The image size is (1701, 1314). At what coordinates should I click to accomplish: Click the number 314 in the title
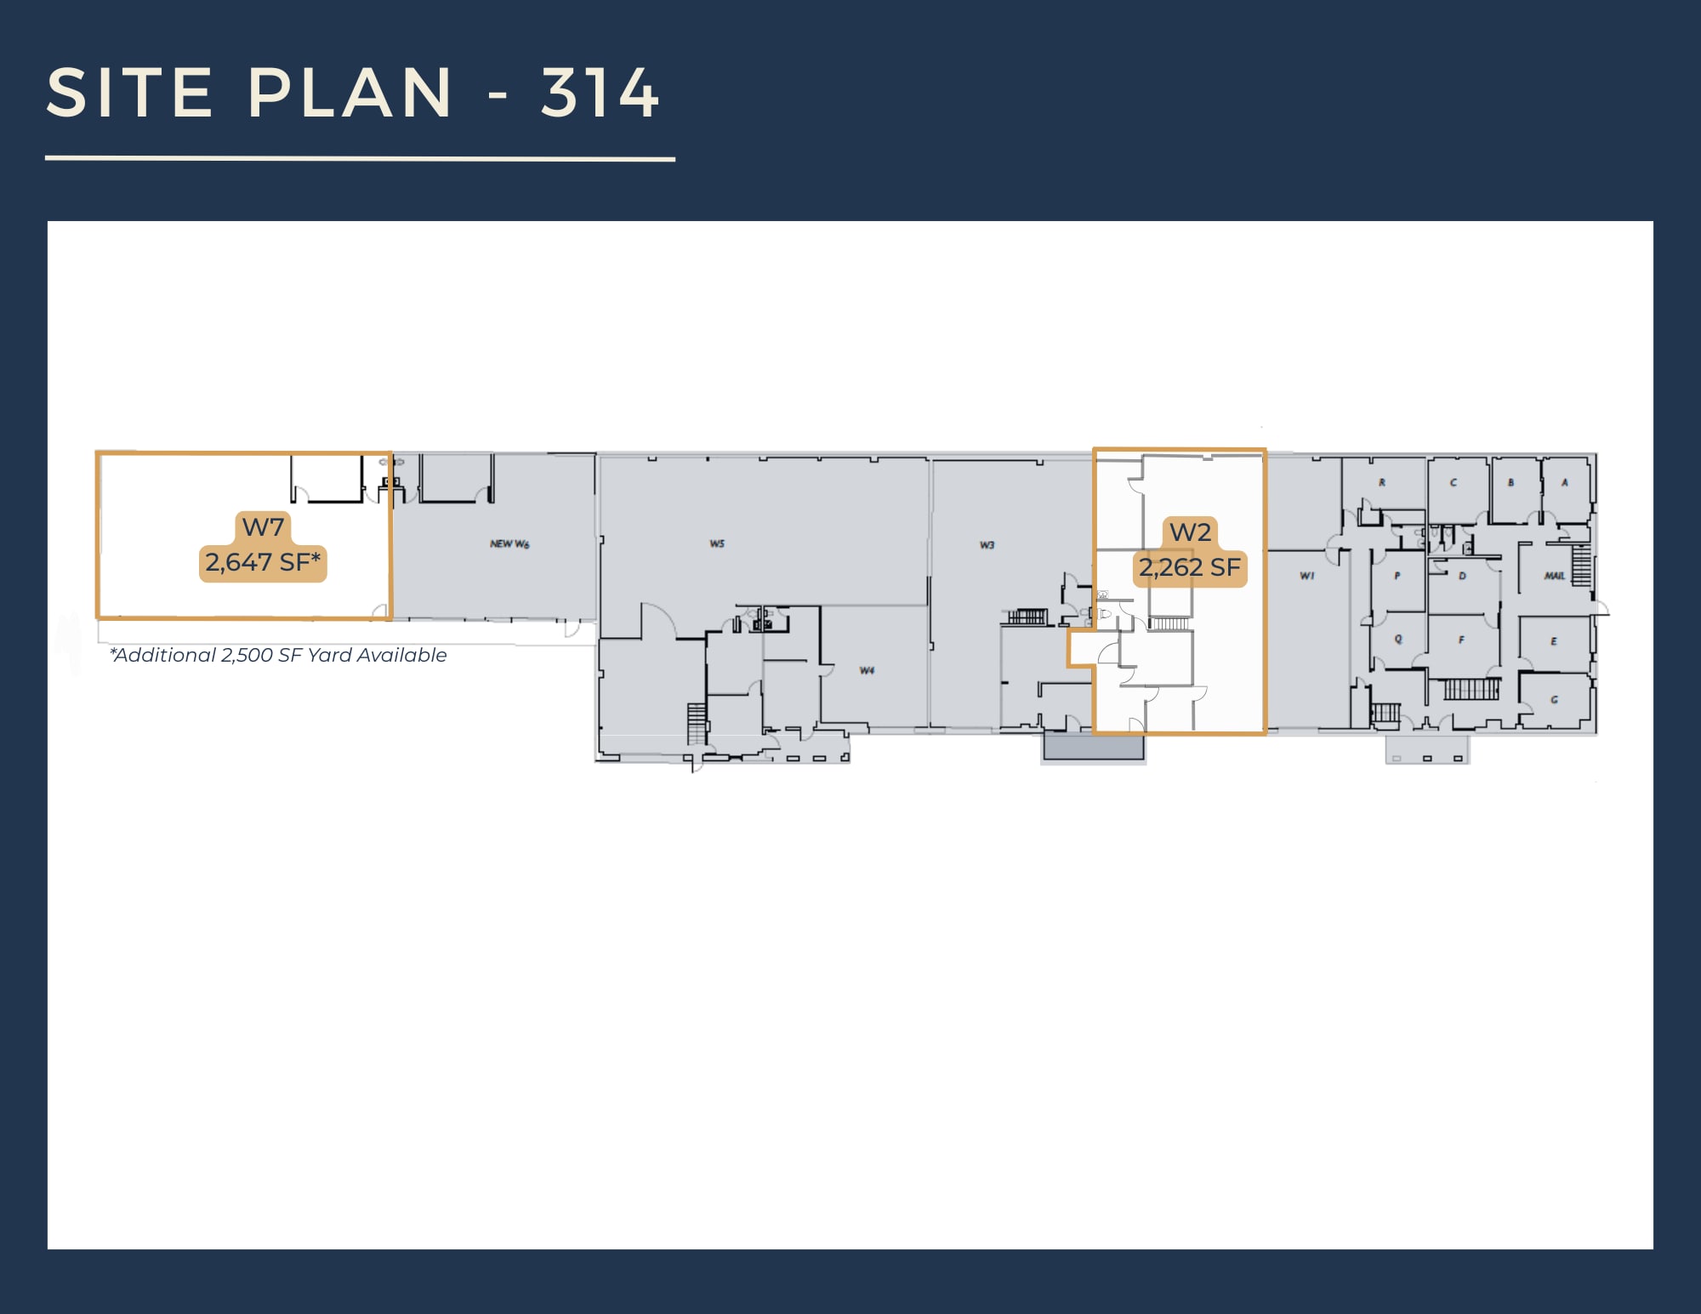pos(600,93)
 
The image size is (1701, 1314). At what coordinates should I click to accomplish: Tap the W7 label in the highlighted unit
pos(263,527)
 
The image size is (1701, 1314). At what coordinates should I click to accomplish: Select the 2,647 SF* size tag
pos(263,563)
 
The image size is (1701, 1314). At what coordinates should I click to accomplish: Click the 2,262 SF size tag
pos(1190,568)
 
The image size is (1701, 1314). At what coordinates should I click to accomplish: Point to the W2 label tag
pos(1190,532)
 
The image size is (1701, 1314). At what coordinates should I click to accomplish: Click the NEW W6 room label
pos(509,544)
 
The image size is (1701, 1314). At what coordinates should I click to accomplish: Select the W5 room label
pos(717,543)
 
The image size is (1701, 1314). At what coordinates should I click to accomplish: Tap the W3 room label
pos(987,545)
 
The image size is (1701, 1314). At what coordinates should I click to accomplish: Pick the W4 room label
pos(867,671)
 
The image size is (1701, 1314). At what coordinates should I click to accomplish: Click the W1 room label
pos(1307,577)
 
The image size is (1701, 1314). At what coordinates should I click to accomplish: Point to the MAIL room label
pos(1555,577)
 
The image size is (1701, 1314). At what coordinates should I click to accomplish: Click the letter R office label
pos(1382,483)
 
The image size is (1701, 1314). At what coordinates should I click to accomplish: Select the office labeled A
pos(1564,483)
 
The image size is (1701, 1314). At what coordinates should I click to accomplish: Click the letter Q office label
pos(1398,640)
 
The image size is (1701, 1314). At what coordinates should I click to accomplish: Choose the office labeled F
pos(1461,640)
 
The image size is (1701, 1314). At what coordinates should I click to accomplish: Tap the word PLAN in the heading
pos(350,93)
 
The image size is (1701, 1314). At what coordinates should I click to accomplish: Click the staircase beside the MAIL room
pos(1581,566)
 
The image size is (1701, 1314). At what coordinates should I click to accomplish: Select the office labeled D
pos(1462,577)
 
